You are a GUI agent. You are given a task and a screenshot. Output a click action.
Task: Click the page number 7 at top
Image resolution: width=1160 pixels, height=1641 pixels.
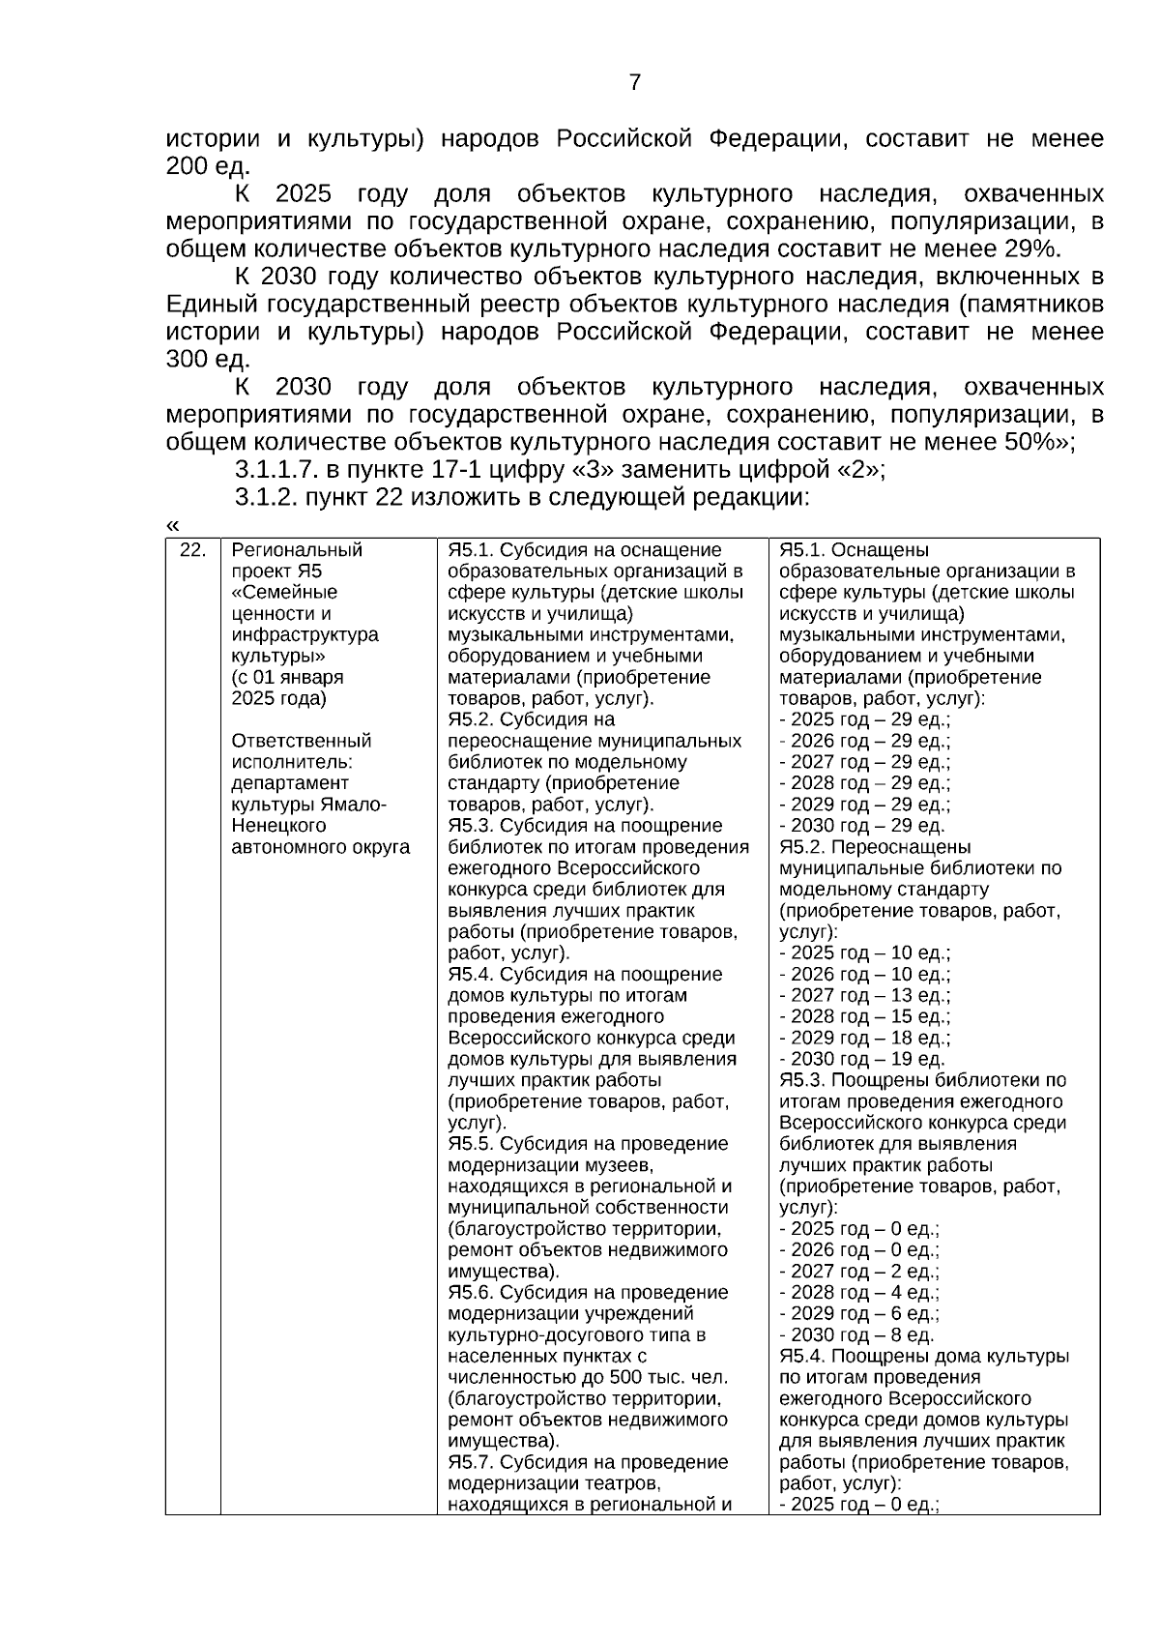[x=635, y=83]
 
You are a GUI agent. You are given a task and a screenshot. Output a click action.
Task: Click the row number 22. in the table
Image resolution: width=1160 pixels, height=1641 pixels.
[x=193, y=550]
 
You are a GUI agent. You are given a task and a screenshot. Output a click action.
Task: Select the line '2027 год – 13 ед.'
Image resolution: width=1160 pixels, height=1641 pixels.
[x=864, y=996]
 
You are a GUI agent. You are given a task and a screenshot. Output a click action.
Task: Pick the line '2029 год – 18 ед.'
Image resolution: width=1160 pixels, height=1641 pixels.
[x=864, y=1039]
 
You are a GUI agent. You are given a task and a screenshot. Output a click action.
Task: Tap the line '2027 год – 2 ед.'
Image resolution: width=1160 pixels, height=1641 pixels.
[x=858, y=1272]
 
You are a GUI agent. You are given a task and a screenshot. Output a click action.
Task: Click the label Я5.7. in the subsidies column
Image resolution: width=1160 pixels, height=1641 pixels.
[x=470, y=1463]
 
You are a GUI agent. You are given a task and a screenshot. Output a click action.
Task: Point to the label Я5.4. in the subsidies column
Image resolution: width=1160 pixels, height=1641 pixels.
[x=470, y=975]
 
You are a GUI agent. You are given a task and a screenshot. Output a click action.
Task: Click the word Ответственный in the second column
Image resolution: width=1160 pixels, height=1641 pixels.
[x=302, y=741]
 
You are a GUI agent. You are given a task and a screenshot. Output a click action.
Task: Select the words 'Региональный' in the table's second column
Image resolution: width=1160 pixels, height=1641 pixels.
[x=297, y=550]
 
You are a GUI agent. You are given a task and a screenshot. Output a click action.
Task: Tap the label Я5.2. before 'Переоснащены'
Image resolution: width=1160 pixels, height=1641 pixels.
[x=801, y=847]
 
